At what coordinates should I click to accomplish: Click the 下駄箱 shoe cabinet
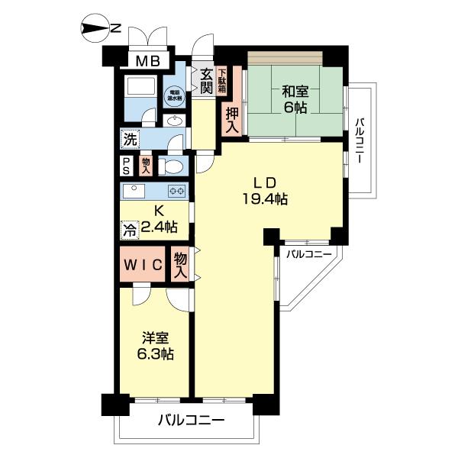coord(222,82)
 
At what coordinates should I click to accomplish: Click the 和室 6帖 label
coord(294,99)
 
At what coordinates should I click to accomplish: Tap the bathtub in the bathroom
coord(140,85)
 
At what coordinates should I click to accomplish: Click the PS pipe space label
coord(126,166)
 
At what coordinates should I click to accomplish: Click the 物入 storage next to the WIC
coord(181,265)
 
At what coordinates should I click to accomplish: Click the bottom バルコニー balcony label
coord(191,420)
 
